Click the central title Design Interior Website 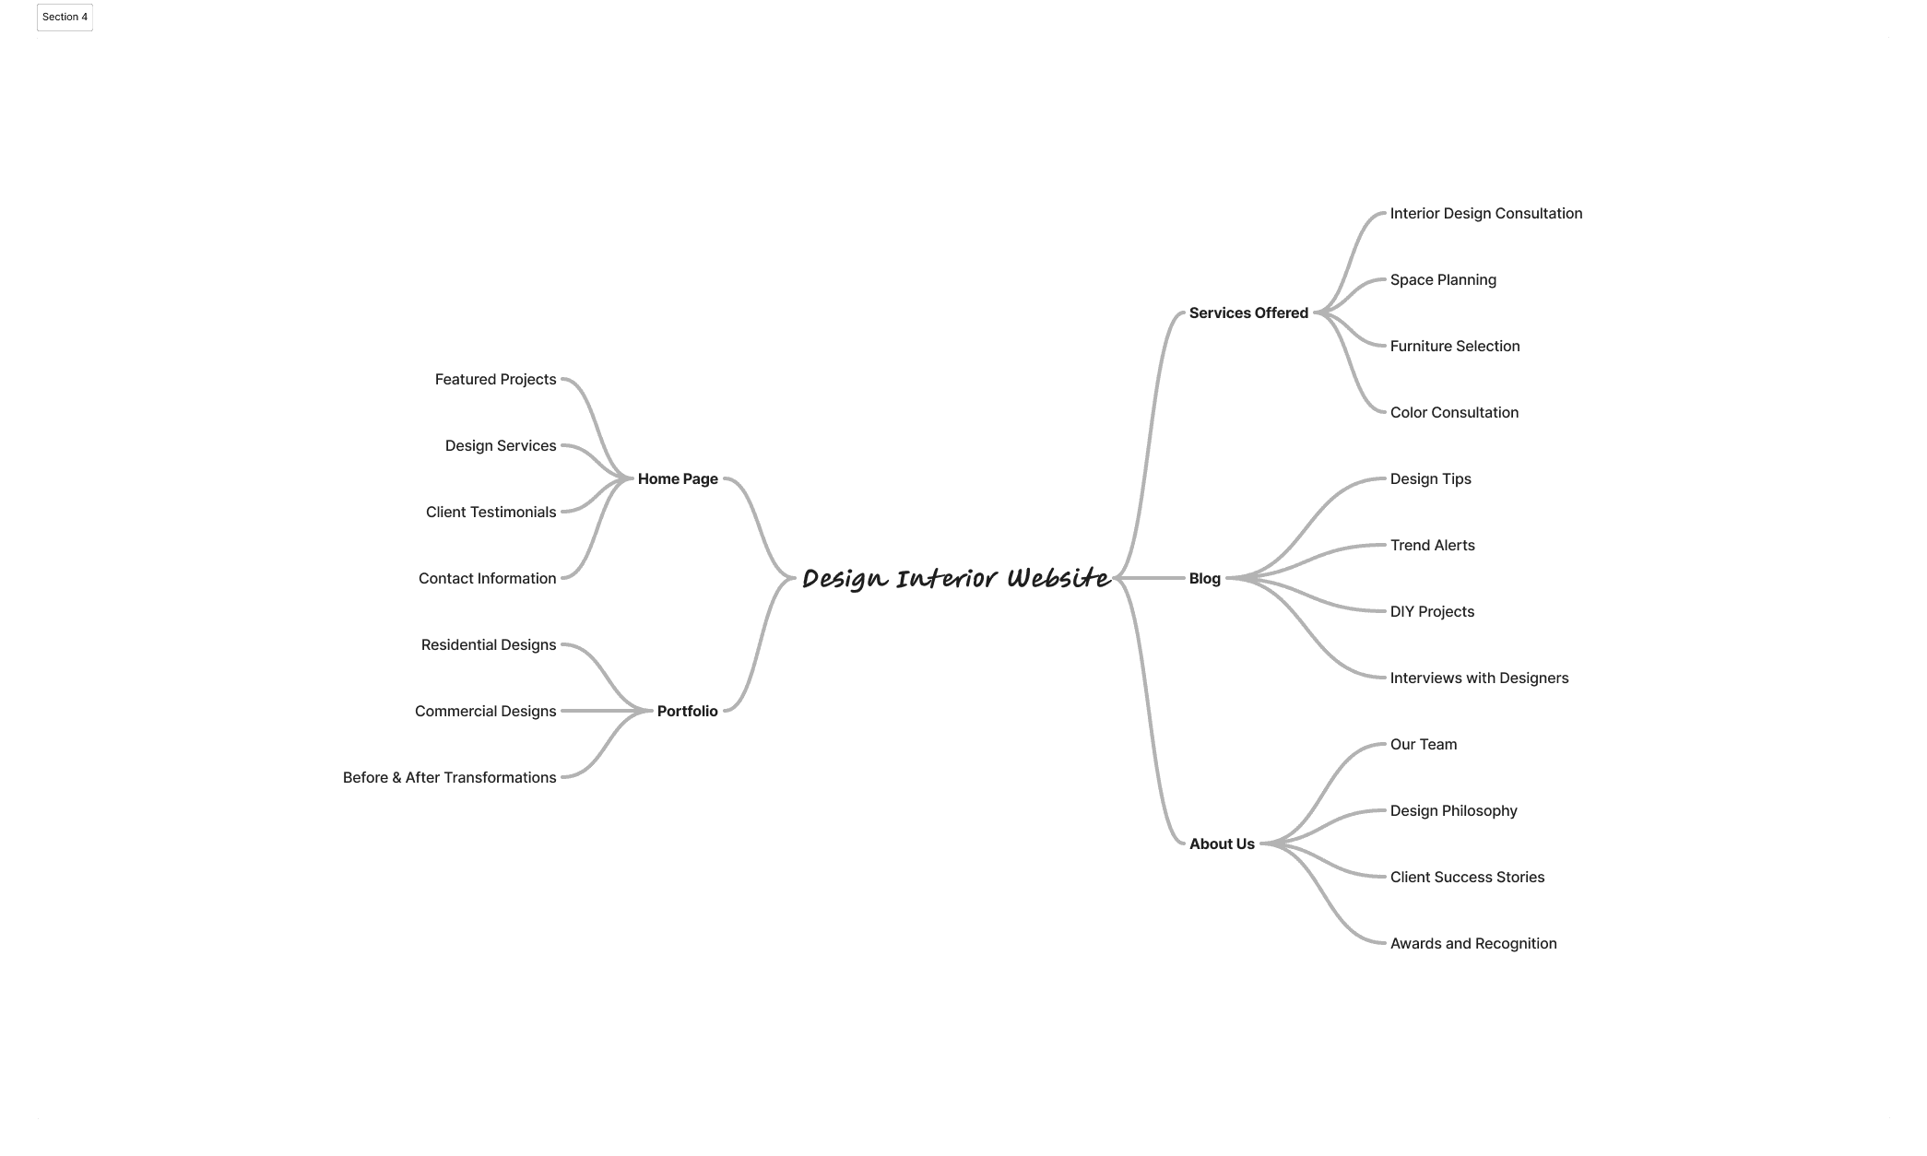(956, 578)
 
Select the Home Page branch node (678, 478)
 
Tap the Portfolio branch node (687, 711)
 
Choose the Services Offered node (1248, 313)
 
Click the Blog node (1204, 578)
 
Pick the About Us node (1222, 843)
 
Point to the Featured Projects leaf (495, 379)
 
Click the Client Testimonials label (491, 512)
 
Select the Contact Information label (487, 578)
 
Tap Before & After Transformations (449, 777)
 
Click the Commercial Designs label (485, 711)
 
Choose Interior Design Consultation (1485, 213)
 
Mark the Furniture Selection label (1454, 346)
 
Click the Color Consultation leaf (1454, 412)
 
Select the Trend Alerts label (1432, 545)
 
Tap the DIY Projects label (1432, 611)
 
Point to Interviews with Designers (1479, 678)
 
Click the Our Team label (1424, 744)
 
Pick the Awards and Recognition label (1473, 943)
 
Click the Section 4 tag (65, 17)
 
